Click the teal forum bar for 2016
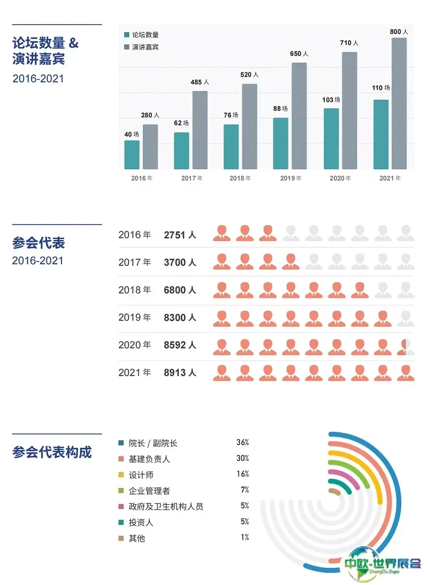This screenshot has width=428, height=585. [132, 155]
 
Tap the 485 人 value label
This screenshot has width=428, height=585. [200, 82]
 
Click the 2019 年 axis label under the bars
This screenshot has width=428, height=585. [291, 178]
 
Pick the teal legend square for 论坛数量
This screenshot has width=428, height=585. [127, 34]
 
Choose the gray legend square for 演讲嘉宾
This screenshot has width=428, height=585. [127, 47]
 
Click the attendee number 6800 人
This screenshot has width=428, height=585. [180, 290]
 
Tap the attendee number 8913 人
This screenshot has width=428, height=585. [180, 372]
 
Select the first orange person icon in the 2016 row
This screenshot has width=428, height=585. [221, 233]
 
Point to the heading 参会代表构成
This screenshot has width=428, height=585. [52, 452]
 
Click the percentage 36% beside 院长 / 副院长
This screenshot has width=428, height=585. [242, 443]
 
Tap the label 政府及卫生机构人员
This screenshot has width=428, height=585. [166, 506]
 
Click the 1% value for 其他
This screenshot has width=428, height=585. [244, 537]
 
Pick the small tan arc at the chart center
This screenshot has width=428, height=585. [335, 491]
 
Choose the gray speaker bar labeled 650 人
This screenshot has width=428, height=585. [299, 116]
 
